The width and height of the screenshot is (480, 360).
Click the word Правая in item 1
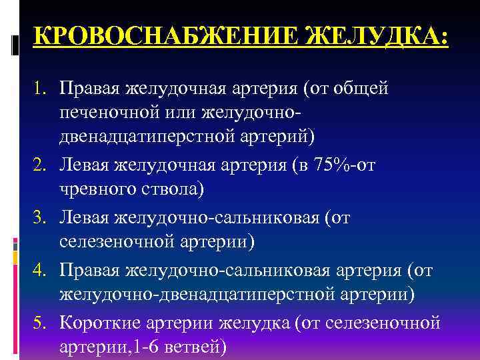87,89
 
